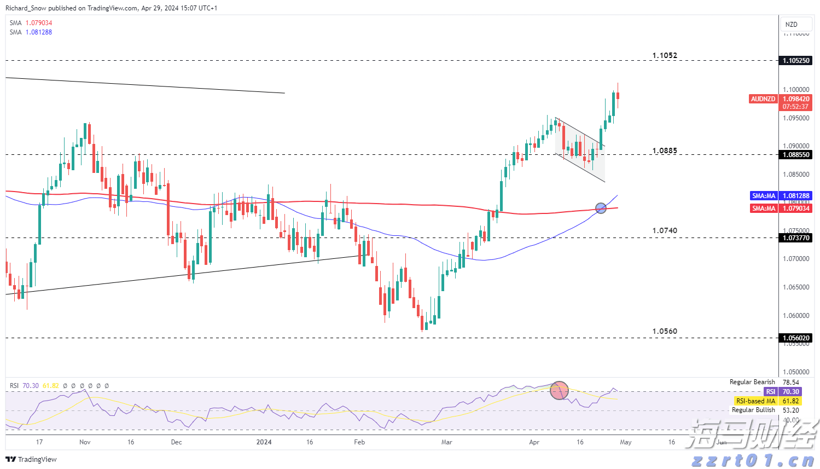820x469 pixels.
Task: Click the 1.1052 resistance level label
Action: [665, 55]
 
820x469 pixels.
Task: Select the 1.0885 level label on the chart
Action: [665, 150]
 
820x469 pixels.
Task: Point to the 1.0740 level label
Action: [665, 230]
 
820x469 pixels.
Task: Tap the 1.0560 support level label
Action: [665, 331]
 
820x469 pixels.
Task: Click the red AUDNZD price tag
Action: [763, 99]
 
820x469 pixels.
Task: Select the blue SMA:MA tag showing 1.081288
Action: [764, 195]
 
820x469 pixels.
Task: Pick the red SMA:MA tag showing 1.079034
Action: [764, 208]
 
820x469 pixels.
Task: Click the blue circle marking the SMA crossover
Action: [601, 208]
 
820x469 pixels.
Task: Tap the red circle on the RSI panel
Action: [559, 390]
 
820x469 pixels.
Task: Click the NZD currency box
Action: [792, 25]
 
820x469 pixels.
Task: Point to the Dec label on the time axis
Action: [176, 442]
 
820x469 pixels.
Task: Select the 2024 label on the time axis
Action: [264, 442]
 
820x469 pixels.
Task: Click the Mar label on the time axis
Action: [447, 442]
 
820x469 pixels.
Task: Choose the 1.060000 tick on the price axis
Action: [796, 315]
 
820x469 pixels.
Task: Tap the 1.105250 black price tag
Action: [796, 60]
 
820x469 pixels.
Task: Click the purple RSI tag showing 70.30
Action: [771, 391]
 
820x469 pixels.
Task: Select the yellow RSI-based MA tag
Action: [755, 401]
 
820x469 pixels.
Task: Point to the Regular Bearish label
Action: [752, 382]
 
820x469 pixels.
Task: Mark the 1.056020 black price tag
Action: [796, 338]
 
